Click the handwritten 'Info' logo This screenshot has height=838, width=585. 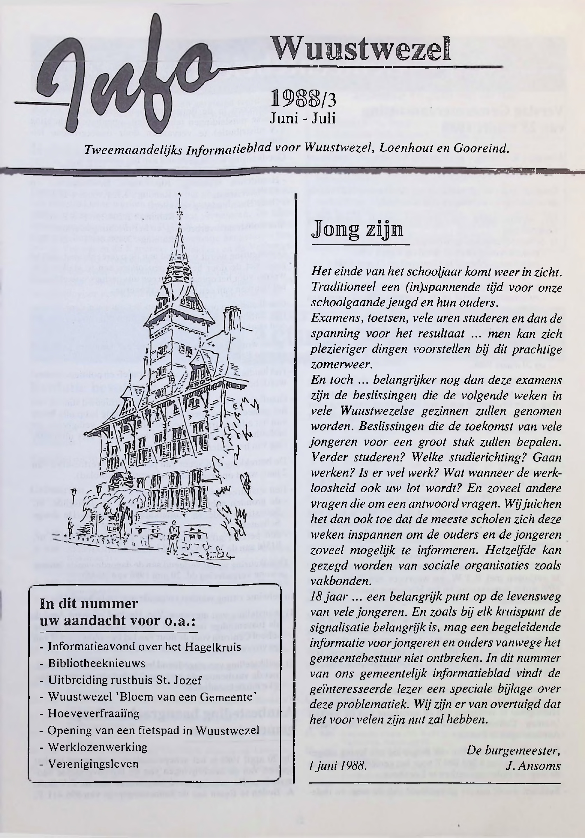(x=120, y=78)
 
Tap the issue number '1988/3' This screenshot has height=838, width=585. (x=303, y=99)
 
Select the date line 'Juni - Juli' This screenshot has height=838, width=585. (x=302, y=117)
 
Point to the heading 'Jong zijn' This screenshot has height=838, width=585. (x=358, y=230)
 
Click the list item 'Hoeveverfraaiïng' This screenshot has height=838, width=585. (x=93, y=713)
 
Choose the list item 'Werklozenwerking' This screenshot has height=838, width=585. (x=98, y=747)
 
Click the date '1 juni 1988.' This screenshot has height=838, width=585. (x=337, y=765)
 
